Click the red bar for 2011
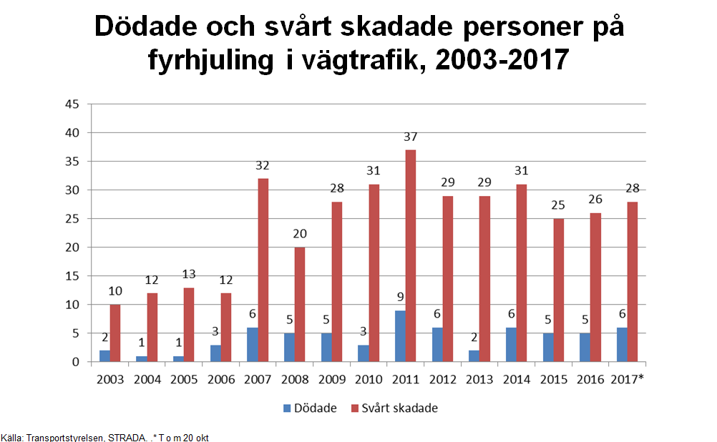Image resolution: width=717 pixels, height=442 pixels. [410, 255]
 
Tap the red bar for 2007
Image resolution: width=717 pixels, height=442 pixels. [263, 270]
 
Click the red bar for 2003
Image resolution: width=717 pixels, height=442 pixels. [116, 333]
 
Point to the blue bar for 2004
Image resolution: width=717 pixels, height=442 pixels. [142, 358]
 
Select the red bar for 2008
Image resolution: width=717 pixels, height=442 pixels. [300, 304]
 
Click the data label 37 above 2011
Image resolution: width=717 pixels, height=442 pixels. [410, 137]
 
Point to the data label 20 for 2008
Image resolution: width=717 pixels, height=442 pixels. [300, 235]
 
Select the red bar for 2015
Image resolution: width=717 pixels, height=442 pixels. [558, 290]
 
